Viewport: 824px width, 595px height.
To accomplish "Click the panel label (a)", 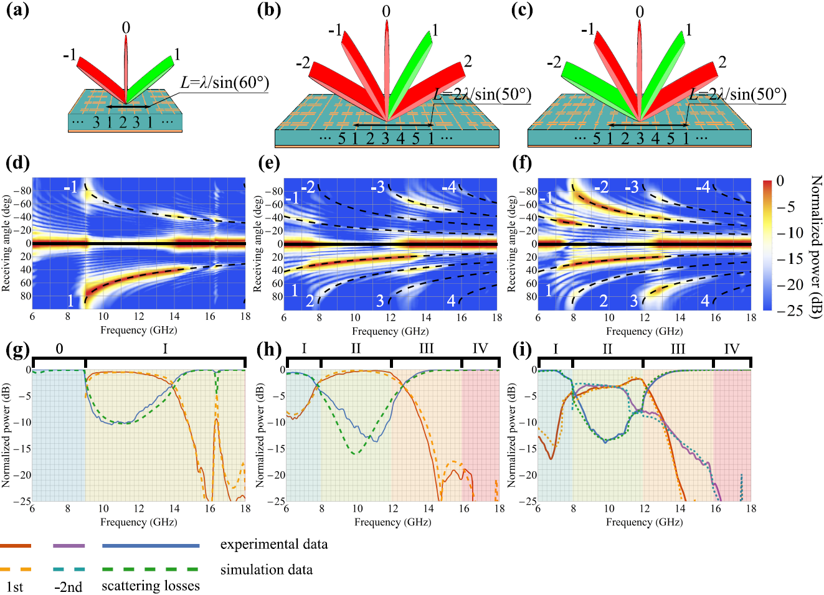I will pyautogui.click(x=17, y=11).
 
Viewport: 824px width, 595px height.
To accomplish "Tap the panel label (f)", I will pyautogui.click(x=522, y=163).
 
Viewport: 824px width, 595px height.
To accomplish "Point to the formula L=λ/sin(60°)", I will pyautogui.click(x=224, y=83).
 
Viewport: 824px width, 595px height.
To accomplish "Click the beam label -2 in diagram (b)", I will pyautogui.click(x=303, y=63).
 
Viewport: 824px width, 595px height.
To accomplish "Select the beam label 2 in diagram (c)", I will pyautogui.click(x=722, y=62).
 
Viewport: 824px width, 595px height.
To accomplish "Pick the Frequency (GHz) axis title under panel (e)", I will pyautogui.click(x=390, y=331).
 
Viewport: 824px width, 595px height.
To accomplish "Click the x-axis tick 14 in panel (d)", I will pyautogui.click(x=174, y=317).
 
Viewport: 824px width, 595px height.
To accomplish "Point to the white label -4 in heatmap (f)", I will pyautogui.click(x=703, y=187).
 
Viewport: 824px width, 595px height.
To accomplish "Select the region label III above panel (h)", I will pyautogui.click(x=426, y=349).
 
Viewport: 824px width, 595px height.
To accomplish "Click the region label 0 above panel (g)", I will pyautogui.click(x=59, y=349).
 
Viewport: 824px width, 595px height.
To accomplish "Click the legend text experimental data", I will pyautogui.click(x=273, y=545).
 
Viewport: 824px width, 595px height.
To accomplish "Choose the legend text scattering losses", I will pyautogui.click(x=151, y=586).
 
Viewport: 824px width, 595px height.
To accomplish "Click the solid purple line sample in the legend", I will pyautogui.click(x=69, y=546).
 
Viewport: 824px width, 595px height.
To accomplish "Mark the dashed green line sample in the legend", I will pyautogui.click(x=150, y=569).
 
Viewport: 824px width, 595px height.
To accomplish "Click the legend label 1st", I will pyautogui.click(x=14, y=587).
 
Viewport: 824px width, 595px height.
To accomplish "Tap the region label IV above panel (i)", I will pyautogui.click(x=731, y=349).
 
